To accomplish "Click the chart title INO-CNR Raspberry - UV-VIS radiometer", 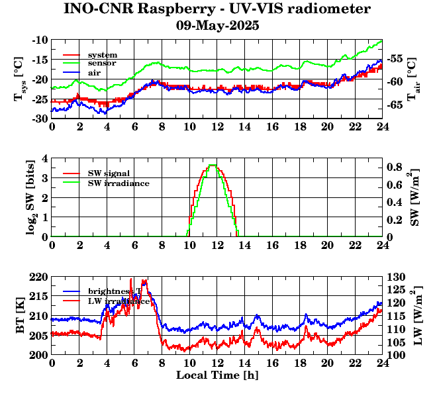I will coord(217,9).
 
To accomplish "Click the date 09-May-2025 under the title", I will coord(217,26).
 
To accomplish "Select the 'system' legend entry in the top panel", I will coord(102,54).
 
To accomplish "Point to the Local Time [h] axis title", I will coord(217,375).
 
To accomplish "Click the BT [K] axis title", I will coord(21,316).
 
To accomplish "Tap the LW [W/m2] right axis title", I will coord(416,316).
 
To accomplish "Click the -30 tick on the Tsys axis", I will coord(38,119).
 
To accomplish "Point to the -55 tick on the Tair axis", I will coord(395,58).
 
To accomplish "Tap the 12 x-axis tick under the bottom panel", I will coord(217,364).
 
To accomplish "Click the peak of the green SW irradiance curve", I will coord(212,165).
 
